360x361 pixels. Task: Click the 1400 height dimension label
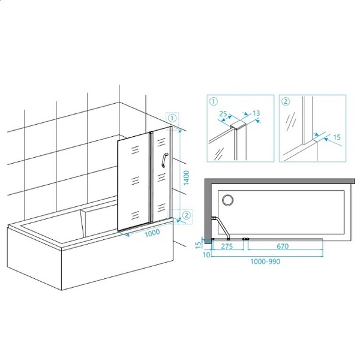tap(187, 178)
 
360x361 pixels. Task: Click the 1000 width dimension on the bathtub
tap(152, 233)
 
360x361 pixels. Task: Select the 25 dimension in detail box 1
tap(223, 114)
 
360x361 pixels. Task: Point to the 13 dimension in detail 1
tap(256, 113)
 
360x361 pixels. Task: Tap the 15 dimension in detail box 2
tap(337, 137)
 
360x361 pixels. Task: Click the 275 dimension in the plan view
tap(227, 246)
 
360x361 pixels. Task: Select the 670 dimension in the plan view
tap(283, 246)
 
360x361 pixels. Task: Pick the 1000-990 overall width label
tap(265, 261)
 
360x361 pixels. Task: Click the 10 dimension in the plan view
tap(206, 255)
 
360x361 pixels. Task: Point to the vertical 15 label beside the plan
tap(199, 245)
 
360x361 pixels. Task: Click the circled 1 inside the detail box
tap(214, 101)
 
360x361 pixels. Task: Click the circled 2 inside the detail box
tap(286, 101)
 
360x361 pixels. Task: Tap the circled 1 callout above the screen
tap(172, 118)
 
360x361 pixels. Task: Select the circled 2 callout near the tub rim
tap(187, 215)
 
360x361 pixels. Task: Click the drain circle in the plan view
tap(227, 200)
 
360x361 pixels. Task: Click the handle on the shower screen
tap(164, 160)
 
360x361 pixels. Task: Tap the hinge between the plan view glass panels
tap(246, 239)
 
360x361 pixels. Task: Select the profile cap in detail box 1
tap(238, 125)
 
